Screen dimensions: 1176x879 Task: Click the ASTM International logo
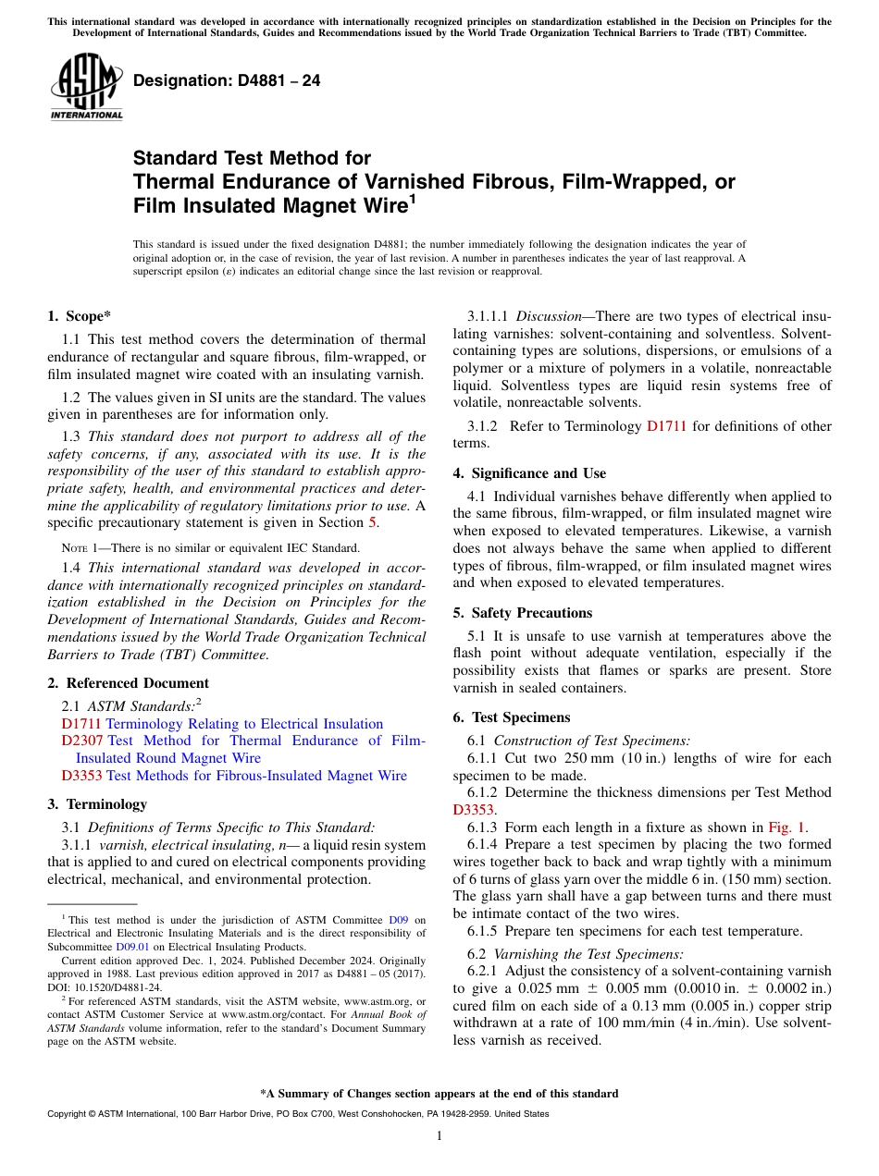86,90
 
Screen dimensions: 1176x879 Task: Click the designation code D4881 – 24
227,80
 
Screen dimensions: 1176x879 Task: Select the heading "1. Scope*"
80,316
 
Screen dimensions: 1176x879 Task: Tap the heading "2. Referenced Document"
128,683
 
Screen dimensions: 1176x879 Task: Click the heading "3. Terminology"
97,804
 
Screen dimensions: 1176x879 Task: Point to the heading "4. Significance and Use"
529,473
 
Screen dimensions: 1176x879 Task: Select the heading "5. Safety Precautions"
523,613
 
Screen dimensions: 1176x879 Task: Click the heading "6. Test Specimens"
512,717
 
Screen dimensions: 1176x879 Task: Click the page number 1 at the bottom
439,1136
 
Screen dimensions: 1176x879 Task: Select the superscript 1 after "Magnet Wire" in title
413,199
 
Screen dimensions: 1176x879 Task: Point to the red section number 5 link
374,522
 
